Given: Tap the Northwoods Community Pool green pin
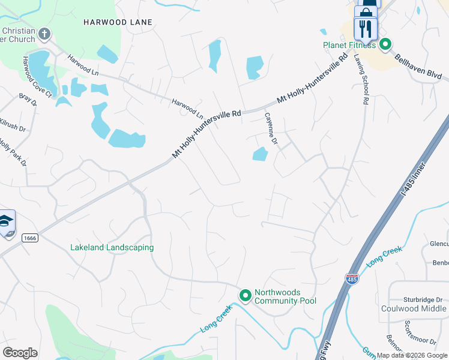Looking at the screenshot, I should [245, 296].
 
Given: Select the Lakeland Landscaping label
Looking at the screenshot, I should [112, 247].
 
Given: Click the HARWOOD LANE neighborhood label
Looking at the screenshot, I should [118, 22].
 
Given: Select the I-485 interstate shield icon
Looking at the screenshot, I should [352, 279].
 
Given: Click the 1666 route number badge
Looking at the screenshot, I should [30, 238].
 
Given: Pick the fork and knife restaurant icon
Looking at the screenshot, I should [365, 28].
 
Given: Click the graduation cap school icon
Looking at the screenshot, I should [5, 222].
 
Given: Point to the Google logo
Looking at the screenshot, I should [20, 352].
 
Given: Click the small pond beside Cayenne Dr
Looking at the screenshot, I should [260, 155].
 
